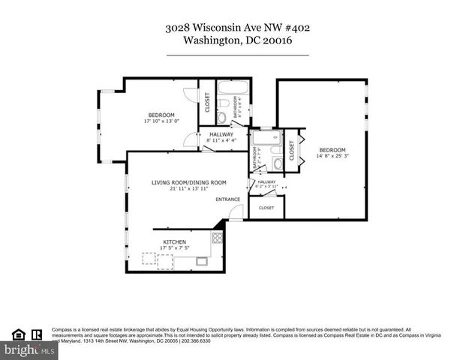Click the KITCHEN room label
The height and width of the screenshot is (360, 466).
174,241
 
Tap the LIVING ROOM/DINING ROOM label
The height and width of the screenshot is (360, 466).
189,182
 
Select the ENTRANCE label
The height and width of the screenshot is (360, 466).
228,199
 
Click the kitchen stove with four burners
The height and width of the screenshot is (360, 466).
217,238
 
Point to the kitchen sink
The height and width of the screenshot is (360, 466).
202,261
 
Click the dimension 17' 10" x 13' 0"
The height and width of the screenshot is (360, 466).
161,121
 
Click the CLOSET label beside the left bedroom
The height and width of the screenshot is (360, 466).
207,102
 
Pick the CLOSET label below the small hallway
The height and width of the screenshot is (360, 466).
266,208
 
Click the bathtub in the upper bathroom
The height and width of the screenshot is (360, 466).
228,100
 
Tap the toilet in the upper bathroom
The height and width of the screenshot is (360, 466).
222,118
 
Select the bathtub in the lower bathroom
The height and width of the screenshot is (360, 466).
264,138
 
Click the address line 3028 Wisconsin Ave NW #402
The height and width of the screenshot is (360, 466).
237,28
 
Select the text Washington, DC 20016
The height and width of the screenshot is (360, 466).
237,43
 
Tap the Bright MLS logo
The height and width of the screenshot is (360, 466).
29,349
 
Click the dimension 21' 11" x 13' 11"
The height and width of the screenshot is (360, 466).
189,188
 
